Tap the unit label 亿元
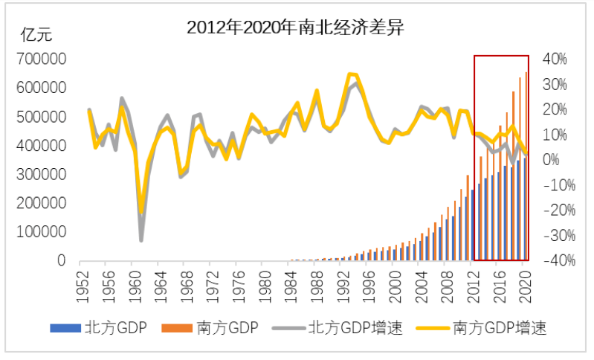37,33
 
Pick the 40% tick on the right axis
555,59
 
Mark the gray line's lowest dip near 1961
141,240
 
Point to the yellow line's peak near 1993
350,74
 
